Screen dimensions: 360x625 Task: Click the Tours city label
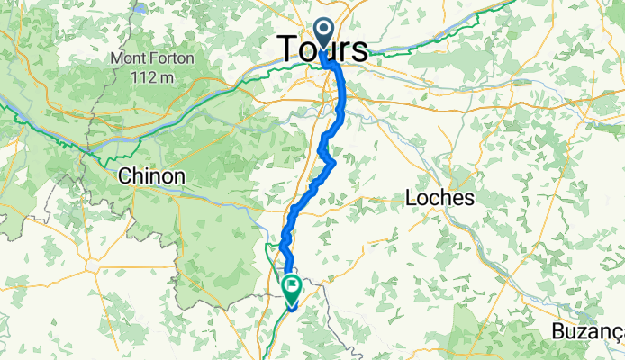tap(322, 49)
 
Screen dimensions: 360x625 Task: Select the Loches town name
tap(440, 197)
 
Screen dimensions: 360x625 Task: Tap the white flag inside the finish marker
tap(294, 284)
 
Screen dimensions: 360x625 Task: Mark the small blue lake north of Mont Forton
tap(140, 9)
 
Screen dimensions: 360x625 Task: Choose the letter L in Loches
tap(413, 197)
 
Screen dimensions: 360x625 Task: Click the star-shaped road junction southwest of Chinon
tap(95, 266)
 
